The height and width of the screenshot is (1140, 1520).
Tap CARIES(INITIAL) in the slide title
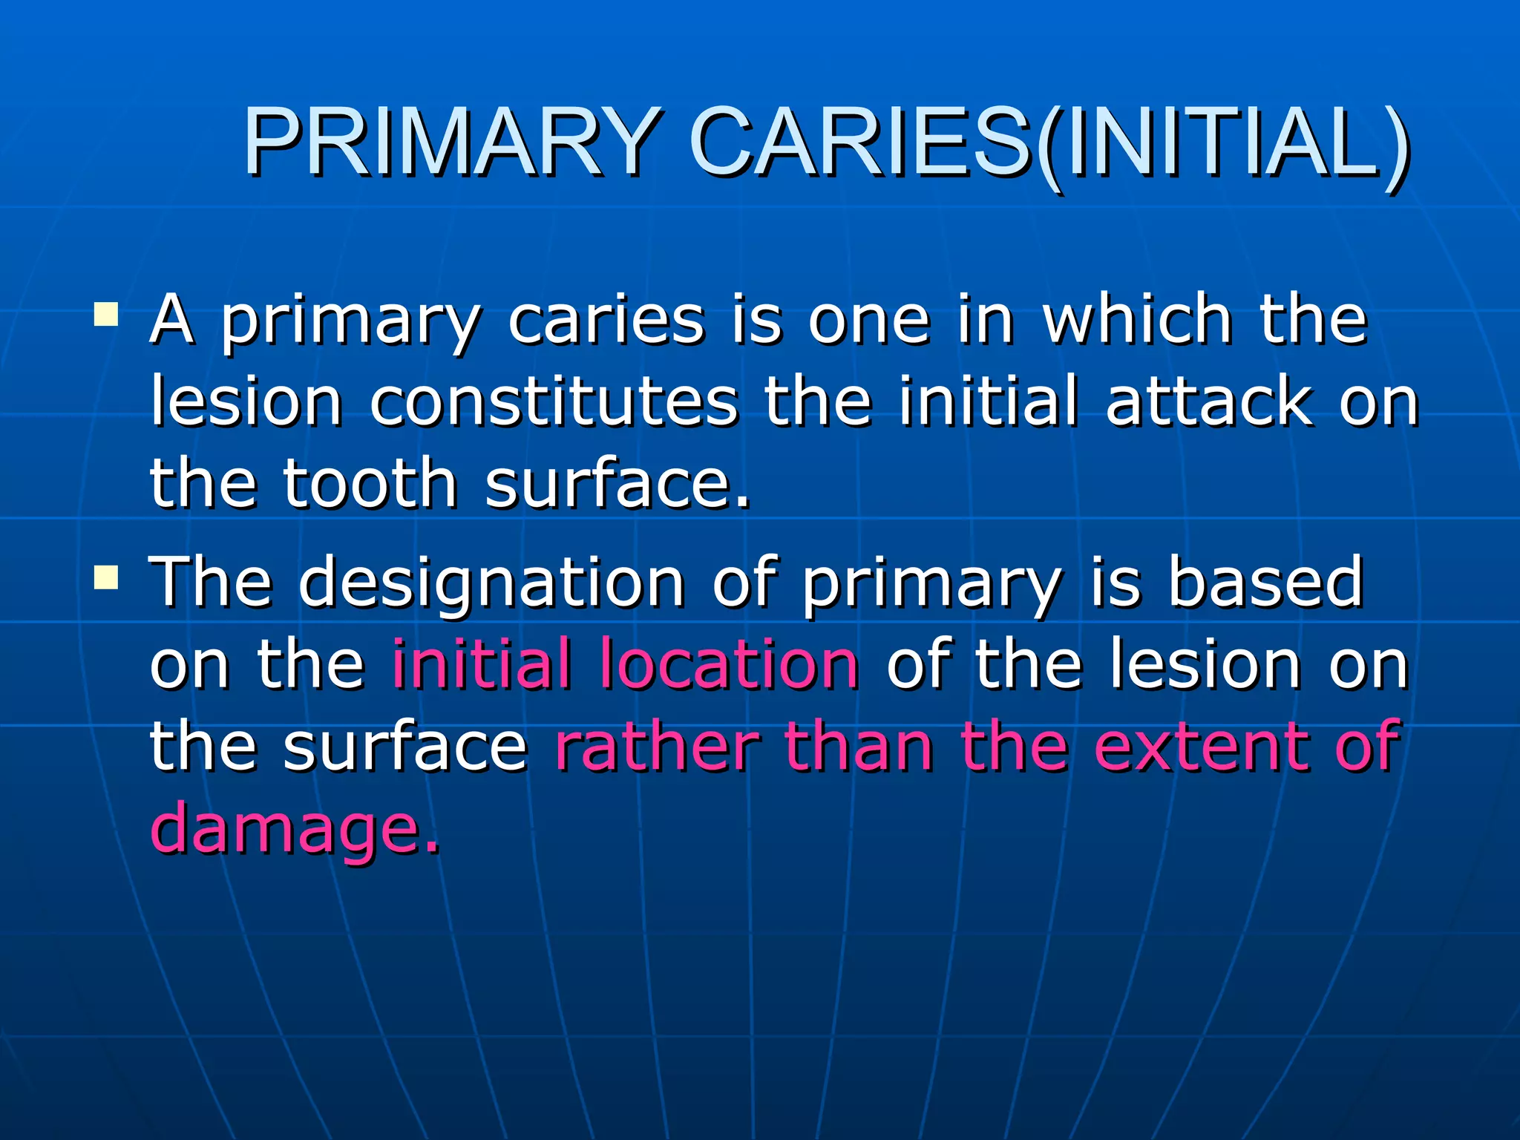[x=1048, y=142]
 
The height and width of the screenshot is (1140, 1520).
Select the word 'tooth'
[x=370, y=483]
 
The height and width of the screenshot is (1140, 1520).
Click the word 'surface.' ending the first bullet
[x=617, y=483]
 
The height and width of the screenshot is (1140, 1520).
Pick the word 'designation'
[x=491, y=582]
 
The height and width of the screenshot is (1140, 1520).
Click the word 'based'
[x=1265, y=582]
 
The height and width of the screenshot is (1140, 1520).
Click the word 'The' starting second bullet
[x=211, y=582]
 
